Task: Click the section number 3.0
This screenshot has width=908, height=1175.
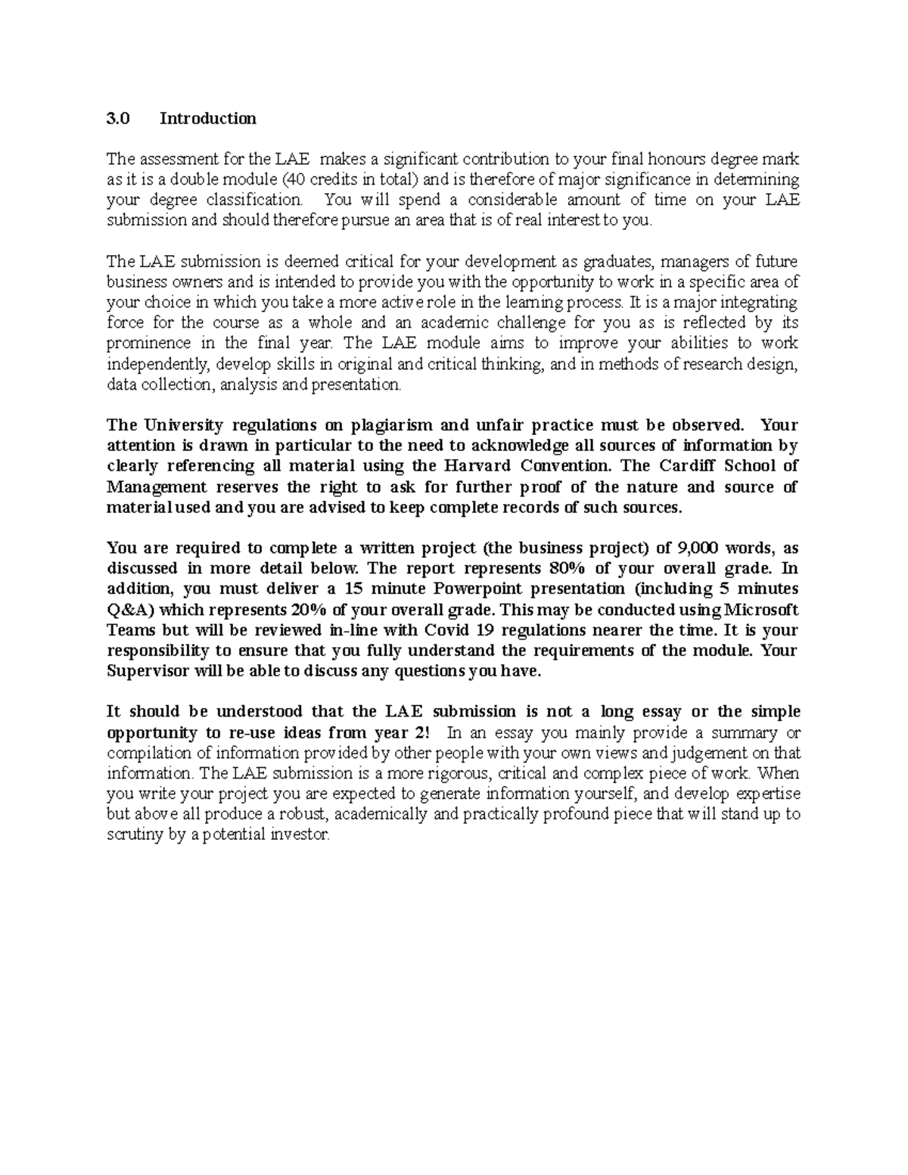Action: coord(118,118)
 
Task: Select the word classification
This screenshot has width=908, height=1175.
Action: coord(257,200)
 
